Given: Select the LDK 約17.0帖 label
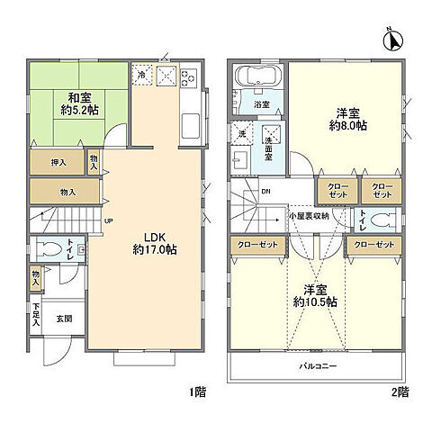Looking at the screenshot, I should [x=155, y=243].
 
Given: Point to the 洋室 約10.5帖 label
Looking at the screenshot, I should [x=315, y=297].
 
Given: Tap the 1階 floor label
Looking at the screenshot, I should [x=197, y=391].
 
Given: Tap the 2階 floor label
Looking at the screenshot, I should [x=401, y=391].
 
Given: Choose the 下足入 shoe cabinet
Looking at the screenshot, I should [x=37, y=319].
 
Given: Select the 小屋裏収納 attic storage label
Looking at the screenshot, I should [x=308, y=217].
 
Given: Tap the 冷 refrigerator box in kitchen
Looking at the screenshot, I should [x=141, y=72].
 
